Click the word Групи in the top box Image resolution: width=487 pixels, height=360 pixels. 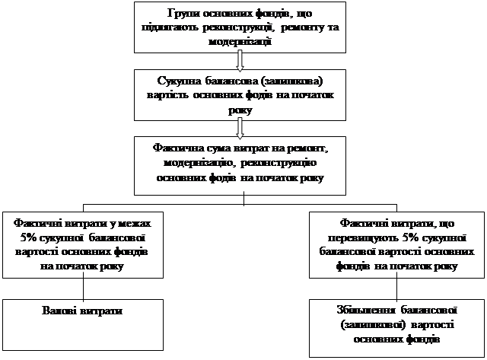click(x=180, y=14)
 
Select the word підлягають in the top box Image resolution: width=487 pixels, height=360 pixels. click(x=170, y=27)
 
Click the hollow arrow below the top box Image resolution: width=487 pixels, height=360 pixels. click(x=240, y=59)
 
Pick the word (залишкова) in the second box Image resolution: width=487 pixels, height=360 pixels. click(x=291, y=81)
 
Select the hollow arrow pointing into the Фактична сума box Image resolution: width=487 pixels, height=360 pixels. click(x=240, y=126)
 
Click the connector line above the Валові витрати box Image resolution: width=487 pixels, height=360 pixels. click(x=83, y=287)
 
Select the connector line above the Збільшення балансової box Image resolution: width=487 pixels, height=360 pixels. click(x=397, y=287)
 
